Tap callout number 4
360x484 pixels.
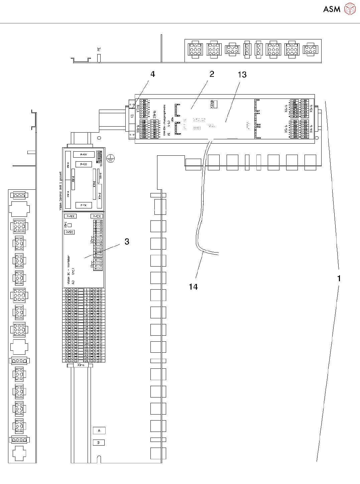[x=153, y=74]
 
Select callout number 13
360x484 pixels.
[x=242, y=75]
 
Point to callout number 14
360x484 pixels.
[x=193, y=287]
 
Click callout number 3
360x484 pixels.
[x=127, y=241]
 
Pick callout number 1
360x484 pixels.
[x=339, y=278]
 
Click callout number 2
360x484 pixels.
[x=212, y=74]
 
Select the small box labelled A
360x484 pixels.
[x=99, y=431]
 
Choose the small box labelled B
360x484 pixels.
[x=99, y=443]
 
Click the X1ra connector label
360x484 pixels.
[x=81, y=365]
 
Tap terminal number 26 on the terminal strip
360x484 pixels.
[x=87, y=361]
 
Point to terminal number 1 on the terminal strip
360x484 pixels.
[x=87, y=290]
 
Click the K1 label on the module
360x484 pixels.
[x=132, y=116]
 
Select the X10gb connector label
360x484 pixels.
[x=212, y=105]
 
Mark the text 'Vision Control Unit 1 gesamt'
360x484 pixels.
[x=61, y=191]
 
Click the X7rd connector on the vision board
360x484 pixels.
[x=94, y=184]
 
